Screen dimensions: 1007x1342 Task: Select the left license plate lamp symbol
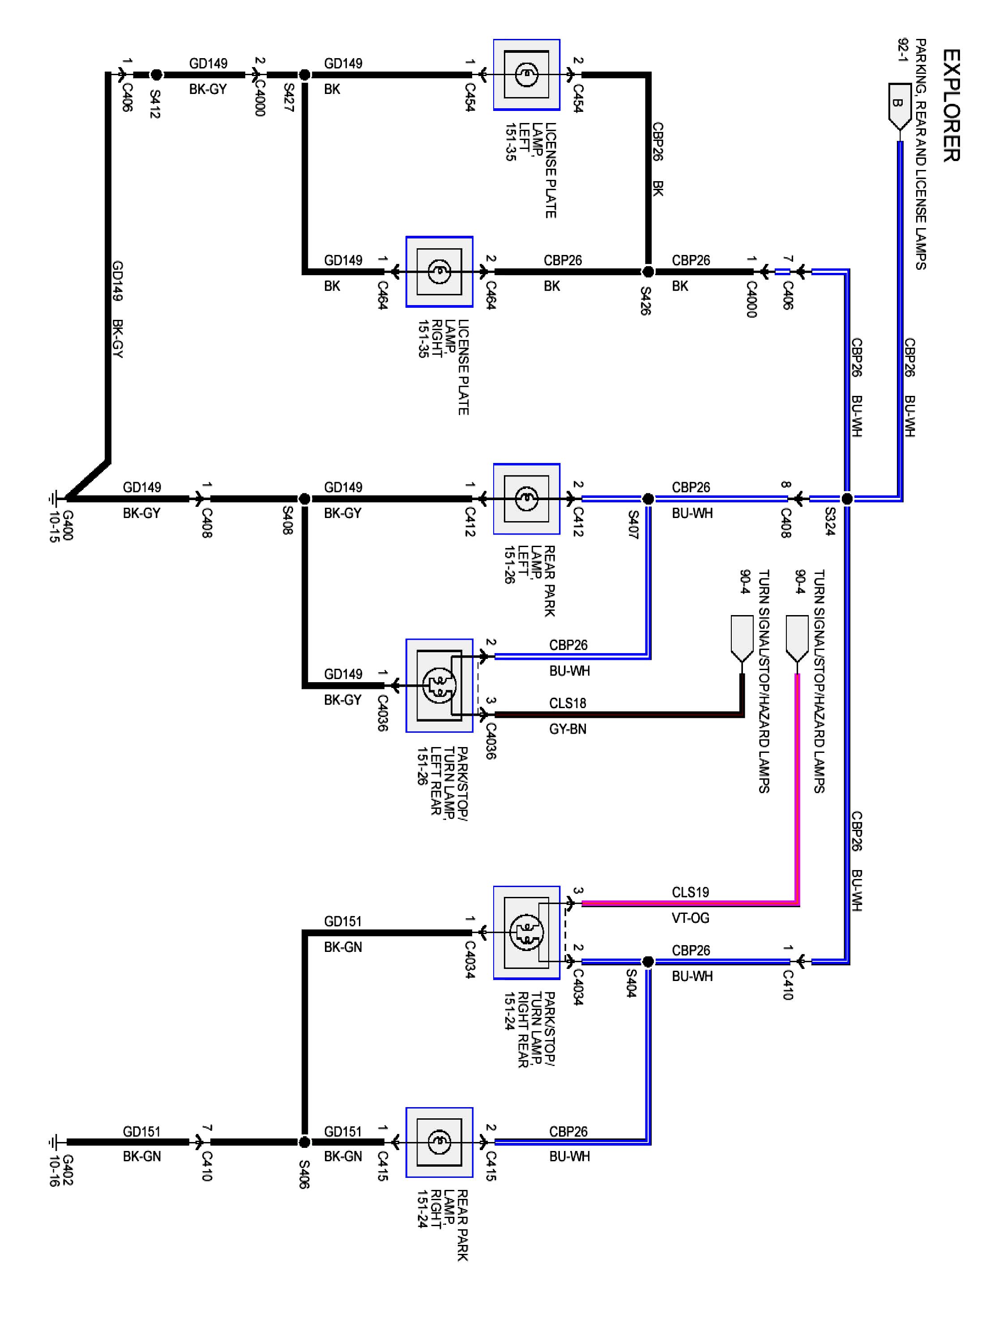pyautogui.click(x=526, y=75)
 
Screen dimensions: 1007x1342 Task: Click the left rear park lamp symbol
pyautogui.click(x=526, y=499)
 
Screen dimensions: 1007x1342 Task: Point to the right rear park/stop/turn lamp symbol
pyautogui.click(x=526, y=933)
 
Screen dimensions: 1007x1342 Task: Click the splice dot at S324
pyautogui.click(x=847, y=499)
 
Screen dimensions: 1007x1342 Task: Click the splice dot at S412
pyautogui.click(x=156, y=75)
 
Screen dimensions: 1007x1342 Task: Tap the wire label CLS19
pyautogui.click(x=690, y=892)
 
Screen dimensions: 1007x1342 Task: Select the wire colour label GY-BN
pyautogui.click(x=568, y=729)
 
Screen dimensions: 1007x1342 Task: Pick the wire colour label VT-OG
pyautogui.click(x=690, y=917)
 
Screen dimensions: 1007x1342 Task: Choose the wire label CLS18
pyautogui.click(x=568, y=703)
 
